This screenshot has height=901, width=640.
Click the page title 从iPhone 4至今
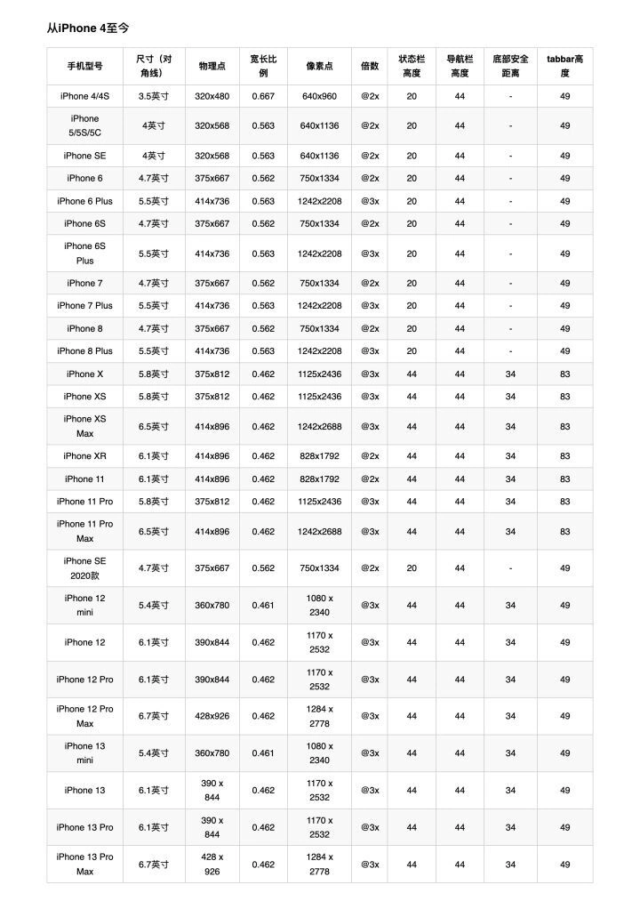88,28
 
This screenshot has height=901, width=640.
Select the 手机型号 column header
84,66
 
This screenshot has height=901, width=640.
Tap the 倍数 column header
370,66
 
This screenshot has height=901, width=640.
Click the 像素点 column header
319,66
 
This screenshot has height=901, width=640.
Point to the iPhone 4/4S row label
84,96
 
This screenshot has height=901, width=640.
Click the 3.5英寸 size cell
154,96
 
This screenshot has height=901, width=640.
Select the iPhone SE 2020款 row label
84,568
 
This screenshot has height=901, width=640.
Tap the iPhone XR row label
84,456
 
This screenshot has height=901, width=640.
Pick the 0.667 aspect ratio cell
263,96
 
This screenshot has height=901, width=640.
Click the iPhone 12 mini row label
84,605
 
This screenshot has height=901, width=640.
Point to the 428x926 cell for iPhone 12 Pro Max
212,716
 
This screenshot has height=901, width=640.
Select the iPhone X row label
84,374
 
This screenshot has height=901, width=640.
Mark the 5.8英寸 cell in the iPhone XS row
154,397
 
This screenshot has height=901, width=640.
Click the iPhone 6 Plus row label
84,201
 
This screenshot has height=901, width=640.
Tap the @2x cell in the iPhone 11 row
370,479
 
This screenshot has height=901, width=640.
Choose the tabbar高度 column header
564,66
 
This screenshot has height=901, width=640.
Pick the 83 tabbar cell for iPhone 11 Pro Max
564,532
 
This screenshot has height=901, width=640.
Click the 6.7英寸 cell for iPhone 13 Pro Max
154,865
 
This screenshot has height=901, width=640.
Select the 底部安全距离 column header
510,66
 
